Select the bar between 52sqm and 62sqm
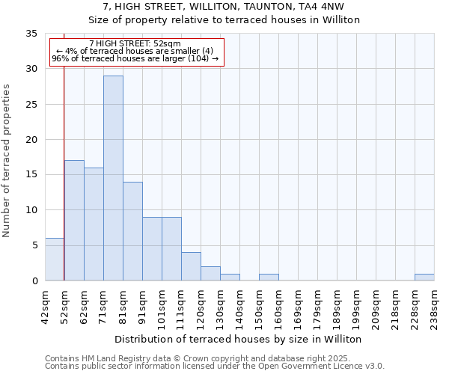74,220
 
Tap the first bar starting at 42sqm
55,259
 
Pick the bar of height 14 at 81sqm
132,231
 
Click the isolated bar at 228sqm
424,277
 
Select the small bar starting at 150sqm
269,277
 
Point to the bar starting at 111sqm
191,266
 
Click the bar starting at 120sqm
210,273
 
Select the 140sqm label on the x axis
239,306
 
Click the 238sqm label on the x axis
434,306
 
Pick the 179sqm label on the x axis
317,306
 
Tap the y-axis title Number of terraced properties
7,161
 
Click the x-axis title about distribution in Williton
239,339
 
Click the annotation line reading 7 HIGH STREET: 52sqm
134,44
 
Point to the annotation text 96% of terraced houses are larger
135,59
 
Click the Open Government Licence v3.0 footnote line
215,366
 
